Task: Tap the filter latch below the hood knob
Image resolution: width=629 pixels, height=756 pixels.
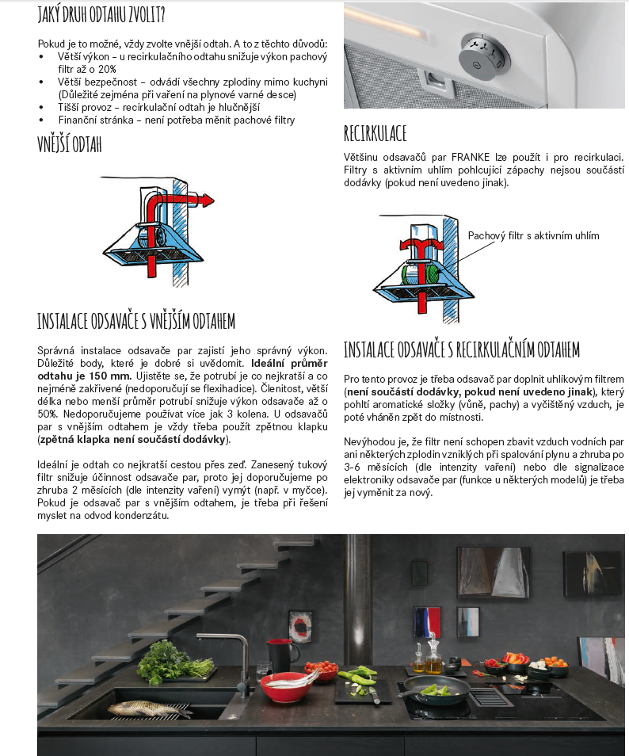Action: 434,78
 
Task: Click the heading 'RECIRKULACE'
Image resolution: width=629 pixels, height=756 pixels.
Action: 375,132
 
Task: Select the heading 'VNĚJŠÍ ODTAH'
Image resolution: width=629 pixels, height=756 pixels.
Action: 69,144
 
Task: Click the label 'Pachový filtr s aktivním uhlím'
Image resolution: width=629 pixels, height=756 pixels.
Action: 533,235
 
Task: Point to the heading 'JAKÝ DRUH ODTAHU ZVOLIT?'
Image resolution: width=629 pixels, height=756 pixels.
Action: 101,15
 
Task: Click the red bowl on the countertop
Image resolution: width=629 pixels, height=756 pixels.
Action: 286,685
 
